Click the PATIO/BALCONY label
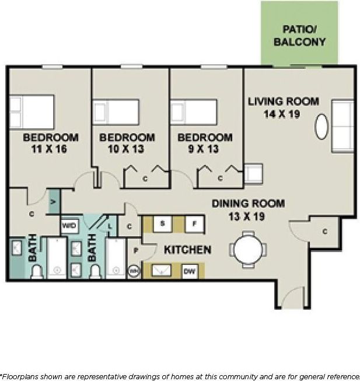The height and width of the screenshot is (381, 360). pos(299,35)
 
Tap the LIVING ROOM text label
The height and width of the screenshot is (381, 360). pos(283,101)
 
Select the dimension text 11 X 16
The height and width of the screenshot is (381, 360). pos(50,149)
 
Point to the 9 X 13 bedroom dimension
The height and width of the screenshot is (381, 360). pos(205,149)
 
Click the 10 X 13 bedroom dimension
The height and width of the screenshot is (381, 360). pos(127,149)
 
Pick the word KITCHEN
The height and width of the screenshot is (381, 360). pos(187,250)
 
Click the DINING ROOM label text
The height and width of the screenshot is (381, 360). pos(248,204)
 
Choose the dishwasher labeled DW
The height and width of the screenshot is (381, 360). pos(189,271)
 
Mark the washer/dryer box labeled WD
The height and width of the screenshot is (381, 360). pos(69,225)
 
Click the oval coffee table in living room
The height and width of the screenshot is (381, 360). pos(321,127)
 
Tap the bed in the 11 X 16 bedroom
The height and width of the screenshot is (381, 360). pos(32,111)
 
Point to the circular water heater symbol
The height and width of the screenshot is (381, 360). pos(134,271)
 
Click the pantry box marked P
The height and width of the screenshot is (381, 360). pos(135,250)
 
